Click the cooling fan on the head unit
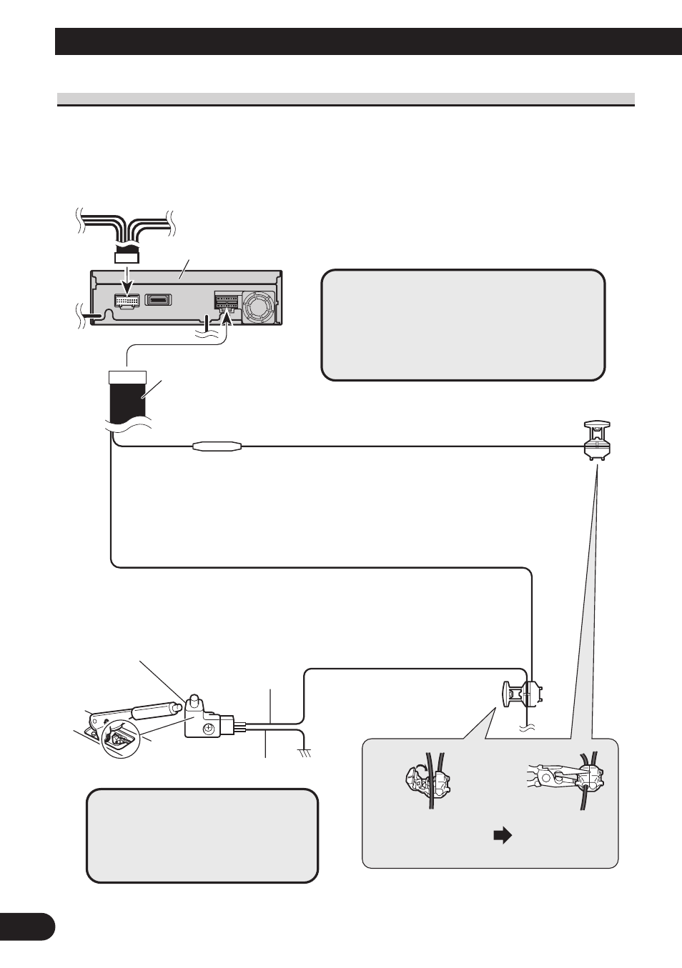point(257,306)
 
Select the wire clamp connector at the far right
point(596,438)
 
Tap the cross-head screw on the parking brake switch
point(207,729)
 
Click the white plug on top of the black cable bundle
point(127,376)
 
